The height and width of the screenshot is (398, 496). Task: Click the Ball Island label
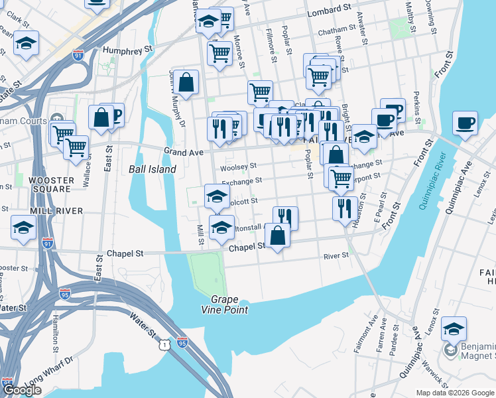[x=152, y=169]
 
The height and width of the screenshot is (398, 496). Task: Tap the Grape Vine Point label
[x=225, y=304]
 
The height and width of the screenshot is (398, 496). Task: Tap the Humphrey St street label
[x=128, y=48]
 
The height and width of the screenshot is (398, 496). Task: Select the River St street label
[x=336, y=256]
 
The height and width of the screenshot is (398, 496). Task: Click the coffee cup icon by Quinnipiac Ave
[x=466, y=123]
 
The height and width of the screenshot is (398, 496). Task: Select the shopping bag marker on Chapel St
[x=278, y=235]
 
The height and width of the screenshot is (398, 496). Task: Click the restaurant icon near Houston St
[x=344, y=208]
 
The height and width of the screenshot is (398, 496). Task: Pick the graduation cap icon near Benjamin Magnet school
[x=454, y=329]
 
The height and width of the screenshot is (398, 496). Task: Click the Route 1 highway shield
[x=163, y=344]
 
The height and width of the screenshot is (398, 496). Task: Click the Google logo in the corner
[x=22, y=390]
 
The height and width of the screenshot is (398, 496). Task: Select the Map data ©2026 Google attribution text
[x=456, y=393]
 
